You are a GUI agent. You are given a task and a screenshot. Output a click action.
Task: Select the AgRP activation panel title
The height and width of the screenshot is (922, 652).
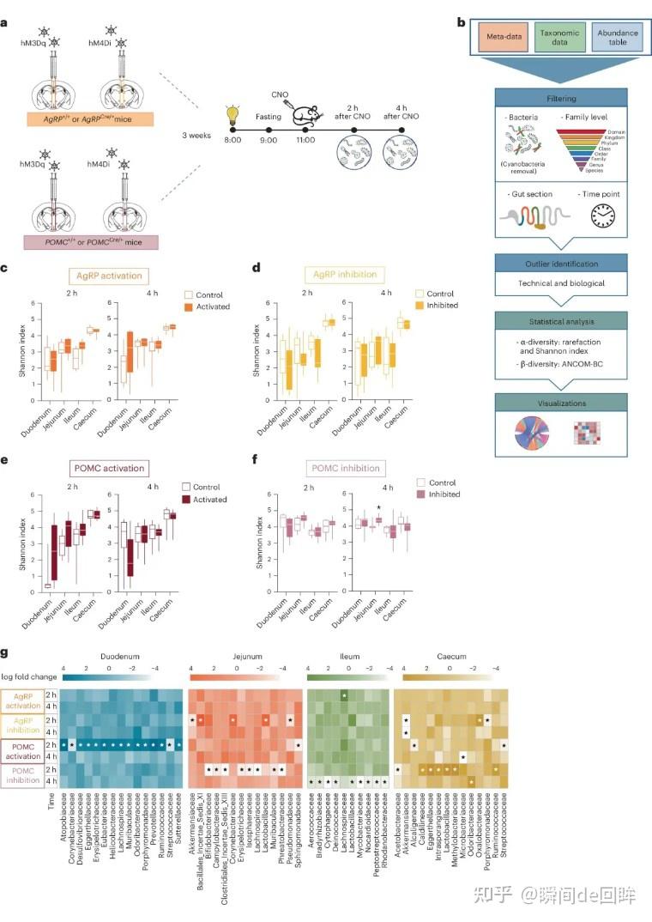pyautogui.click(x=109, y=277)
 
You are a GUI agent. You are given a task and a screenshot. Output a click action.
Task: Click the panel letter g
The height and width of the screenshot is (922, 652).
pyautogui.click(x=7, y=654)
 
